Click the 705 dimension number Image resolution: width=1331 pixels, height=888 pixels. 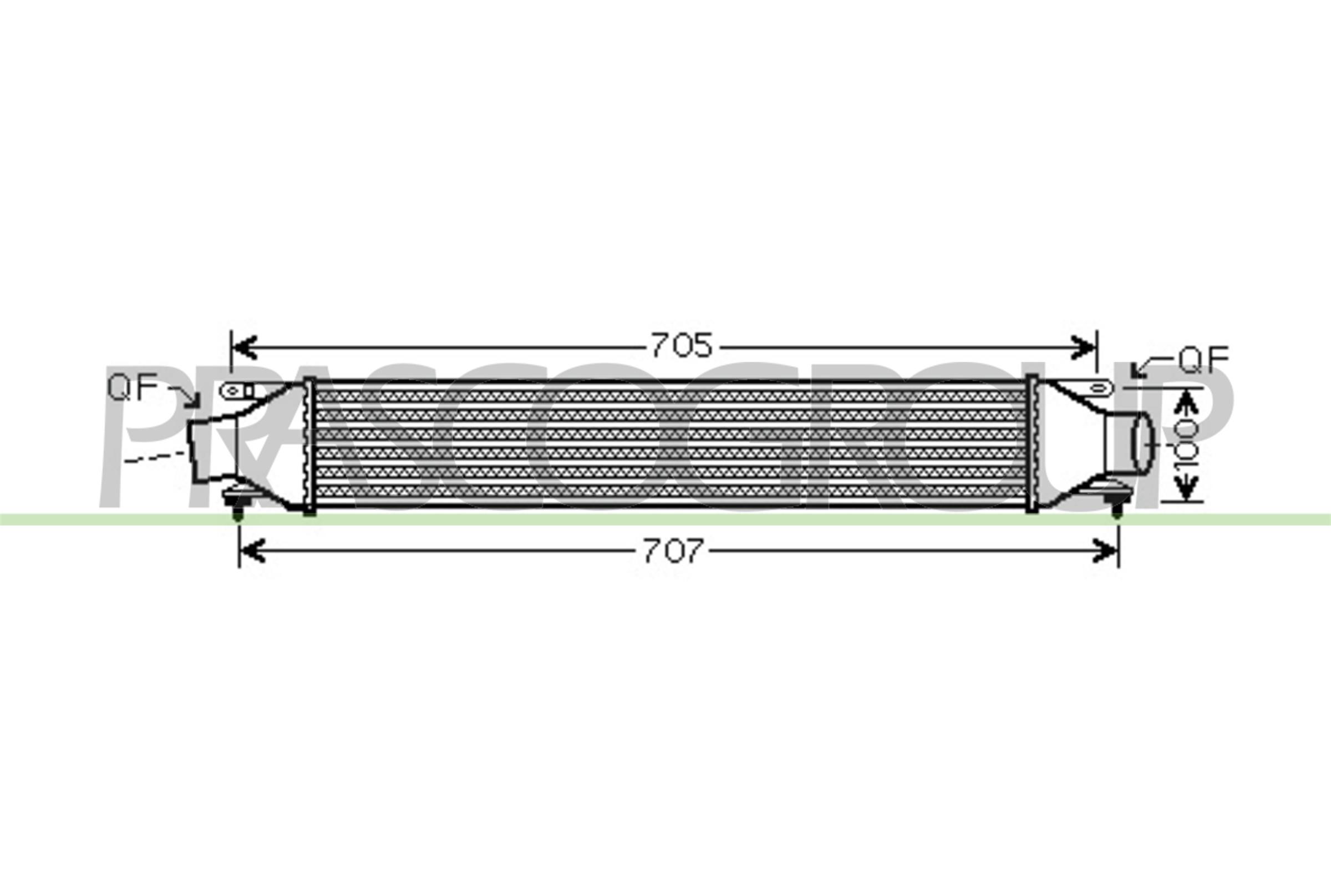tap(682, 345)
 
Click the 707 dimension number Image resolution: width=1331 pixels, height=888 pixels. tap(673, 551)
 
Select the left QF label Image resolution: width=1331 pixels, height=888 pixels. tap(133, 388)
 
